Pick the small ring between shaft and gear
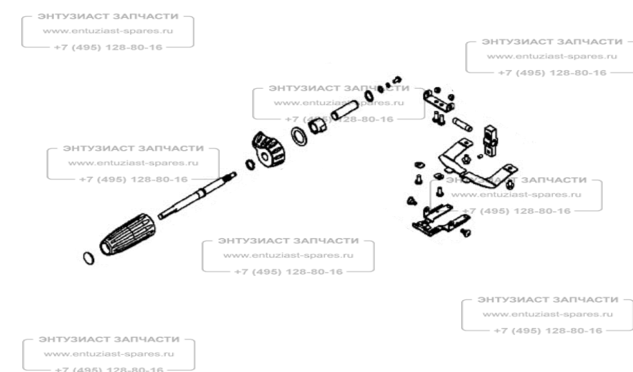[x=250, y=165]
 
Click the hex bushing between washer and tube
[x=318, y=124]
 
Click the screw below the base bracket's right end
[x=466, y=231]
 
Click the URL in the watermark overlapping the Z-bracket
[x=516, y=195]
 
